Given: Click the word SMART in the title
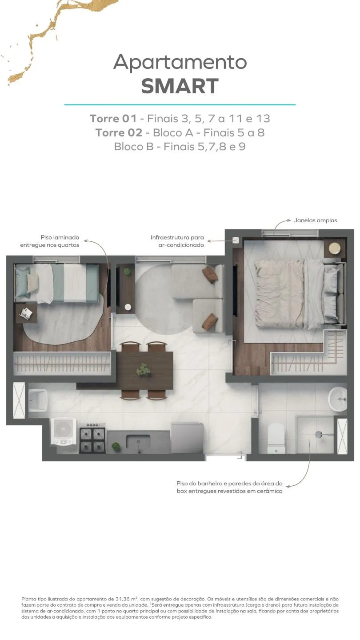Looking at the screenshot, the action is [x=180, y=86].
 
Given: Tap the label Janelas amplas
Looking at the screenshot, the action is [x=316, y=220].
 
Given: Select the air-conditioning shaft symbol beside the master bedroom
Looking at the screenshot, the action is [x=236, y=240].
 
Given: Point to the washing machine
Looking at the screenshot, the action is [x=64, y=432].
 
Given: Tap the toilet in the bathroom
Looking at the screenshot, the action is [x=276, y=438].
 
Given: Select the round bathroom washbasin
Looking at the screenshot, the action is [x=337, y=399].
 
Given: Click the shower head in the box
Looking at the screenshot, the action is [x=319, y=435].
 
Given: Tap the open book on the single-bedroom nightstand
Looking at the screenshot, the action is [x=26, y=312].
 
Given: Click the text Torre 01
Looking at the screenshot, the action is [x=113, y=119].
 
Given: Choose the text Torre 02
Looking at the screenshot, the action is [x=119, y=132].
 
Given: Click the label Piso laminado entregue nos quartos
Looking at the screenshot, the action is [x=50, y=241].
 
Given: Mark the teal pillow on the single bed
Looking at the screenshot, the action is [x=22, y=282].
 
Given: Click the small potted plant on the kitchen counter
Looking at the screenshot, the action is [x=116, y=446].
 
